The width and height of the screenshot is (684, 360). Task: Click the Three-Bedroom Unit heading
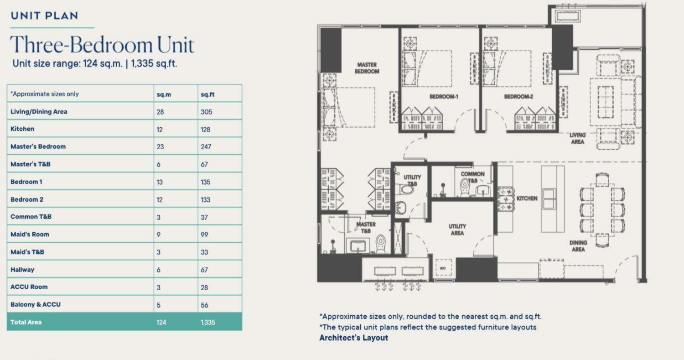pyautogui.click(x=102, y=45)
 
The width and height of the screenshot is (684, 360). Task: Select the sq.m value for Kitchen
pyautogui.click(x=160, y=130)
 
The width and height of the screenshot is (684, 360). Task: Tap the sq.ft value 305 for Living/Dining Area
pyautogui.click(x=207, y=112)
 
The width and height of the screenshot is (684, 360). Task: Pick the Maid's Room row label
pyautogui.click(x=30, y=235)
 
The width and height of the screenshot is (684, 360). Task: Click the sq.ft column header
pyautogui.click(x=207, y=94)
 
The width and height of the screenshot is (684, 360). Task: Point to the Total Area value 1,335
pyautogui.click(x=208, y=323)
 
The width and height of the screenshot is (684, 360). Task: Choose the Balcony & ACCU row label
pyautogui.click(x=36, y=304)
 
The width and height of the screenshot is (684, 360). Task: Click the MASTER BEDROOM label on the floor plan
pyautogui.click(x=367, y=68)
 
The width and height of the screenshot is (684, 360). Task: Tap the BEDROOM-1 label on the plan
pyautogui.click(x=444, y=97)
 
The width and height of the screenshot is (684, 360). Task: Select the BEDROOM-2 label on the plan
pyautogui.click(x=518, y=97)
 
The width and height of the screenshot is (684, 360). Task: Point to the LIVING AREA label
pyautogui.click(x=577, y=138)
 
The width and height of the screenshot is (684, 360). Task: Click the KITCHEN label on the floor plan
pyautogui.click(x=527, y=198)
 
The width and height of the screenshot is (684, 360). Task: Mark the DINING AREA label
pyautogui.click(x=578, y=246)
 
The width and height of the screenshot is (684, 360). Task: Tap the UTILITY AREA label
pyautogui.click(x=457, y=230)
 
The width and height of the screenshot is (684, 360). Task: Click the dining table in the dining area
pyautogui.click(x=602, y=210)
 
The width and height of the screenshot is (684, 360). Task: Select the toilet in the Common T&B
pyautogui.click(x=465, y=188)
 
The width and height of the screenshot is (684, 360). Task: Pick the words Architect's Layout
pyautogui.click(x=353, y=338)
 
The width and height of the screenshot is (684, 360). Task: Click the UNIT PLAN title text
pyautogui.click(x=45, y=16)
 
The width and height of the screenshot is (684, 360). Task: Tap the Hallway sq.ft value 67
pyautogui.click(x=204, y=270)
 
